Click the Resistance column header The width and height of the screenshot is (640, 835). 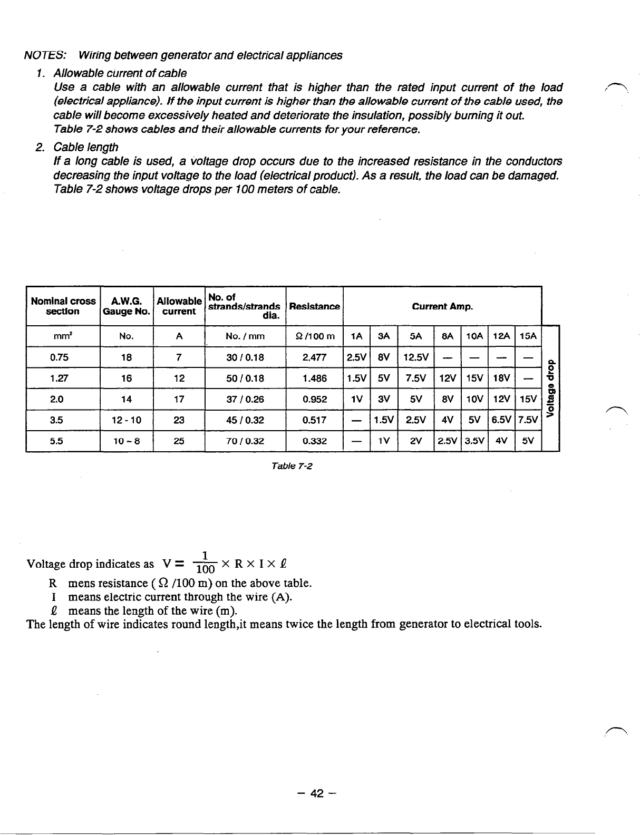pyautogui.click(x=314, y=306)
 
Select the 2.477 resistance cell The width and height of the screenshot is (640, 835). pyautogui.click(x=314, y=357)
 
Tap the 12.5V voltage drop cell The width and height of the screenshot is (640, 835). pyautogui.click(x=416, y=357)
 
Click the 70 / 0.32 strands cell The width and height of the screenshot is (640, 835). pyautogui.click(x=245, y=441)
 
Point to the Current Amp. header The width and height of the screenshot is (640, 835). pyautogui.click(x=442, y=306)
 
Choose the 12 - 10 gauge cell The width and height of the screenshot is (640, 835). pyautogui.click(x=127, y=420)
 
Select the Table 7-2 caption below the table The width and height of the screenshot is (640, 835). pyautogui.click(x=292, y=466)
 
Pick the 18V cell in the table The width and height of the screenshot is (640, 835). pyautogui.click(x=501, y=378)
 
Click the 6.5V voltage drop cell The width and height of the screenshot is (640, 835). pyautogui.click(x=501, y=420)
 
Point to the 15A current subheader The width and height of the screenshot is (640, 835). pyautogui.click(x=528, y=336)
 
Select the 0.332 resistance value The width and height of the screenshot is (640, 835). pyautogui.click(x=314, y=441)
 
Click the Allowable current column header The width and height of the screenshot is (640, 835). pyautogui.click(x=179, y=306)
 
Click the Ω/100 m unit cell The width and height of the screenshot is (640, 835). pyautogui.click(x=314, y=336)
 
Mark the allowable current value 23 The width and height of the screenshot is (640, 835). pyautogui.click(x=179, y=420)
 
